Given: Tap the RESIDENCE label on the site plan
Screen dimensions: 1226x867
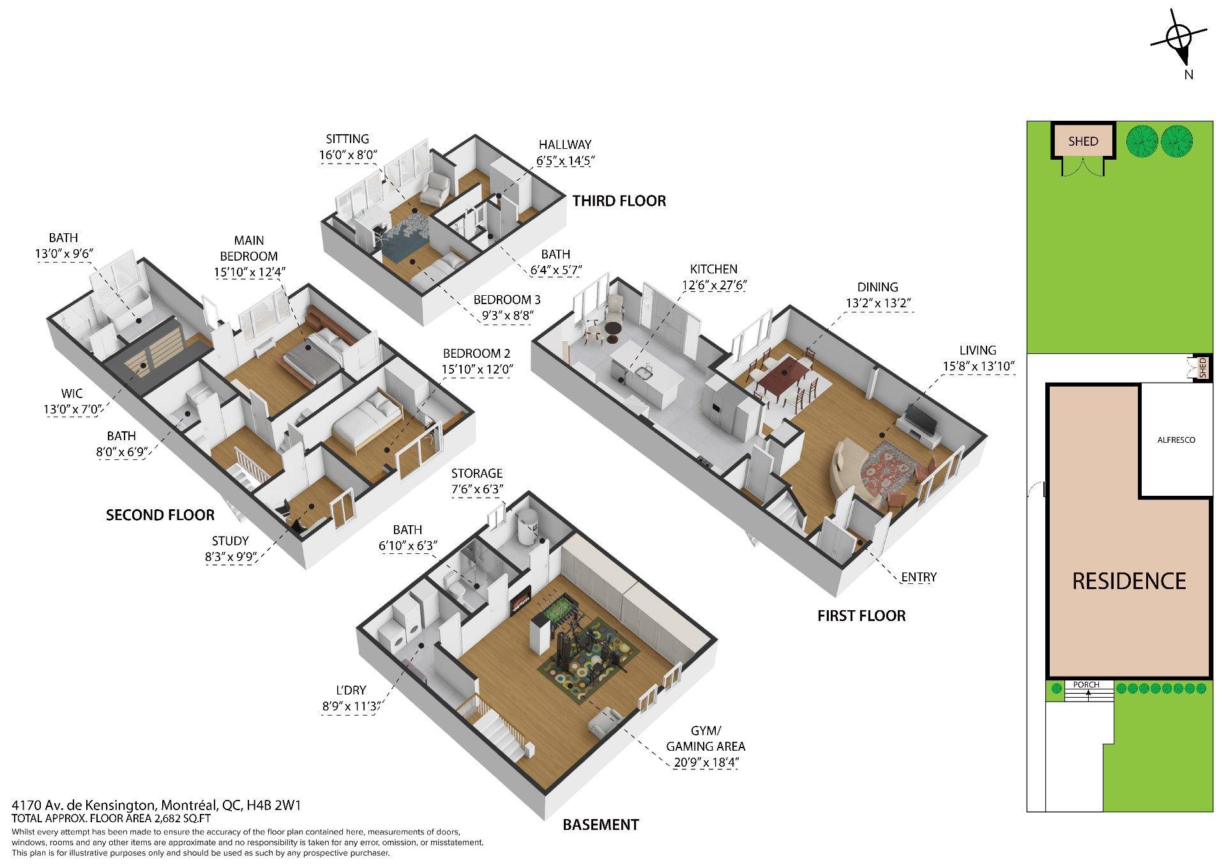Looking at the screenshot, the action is pyautogui.click(x=1129, y=581).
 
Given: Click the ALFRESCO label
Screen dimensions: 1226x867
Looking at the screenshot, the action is pyautogui.click(x=1176, y=440).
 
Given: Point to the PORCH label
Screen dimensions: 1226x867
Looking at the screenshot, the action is pyautogui.click(x=1086, y=685).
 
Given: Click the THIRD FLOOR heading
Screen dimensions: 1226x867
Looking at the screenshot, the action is pyautogui.click(x=619, y=201).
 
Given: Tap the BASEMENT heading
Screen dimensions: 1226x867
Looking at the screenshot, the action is pyautogui.click(x=600, y=825).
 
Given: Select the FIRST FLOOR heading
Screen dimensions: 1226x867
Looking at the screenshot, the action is pyautogui.click(x=861, y=616).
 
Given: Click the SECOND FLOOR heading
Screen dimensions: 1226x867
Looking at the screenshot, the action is pyautogui.click(x=160, y=515).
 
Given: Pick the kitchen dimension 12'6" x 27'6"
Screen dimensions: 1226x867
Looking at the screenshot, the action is pyautogui.click(x=714, y=285).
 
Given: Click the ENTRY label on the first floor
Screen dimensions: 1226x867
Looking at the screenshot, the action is pyautogui.click(x=918, y=578).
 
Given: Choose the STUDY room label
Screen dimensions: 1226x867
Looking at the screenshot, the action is pyautogui.click(x=230, y=541).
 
